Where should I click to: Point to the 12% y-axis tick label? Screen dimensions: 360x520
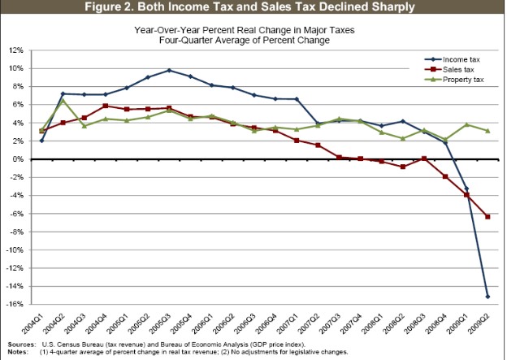15,50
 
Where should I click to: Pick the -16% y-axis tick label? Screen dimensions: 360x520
14,305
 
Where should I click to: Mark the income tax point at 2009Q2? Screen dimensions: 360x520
487,297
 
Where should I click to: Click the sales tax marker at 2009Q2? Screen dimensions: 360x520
487,217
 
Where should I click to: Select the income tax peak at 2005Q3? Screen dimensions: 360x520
168,70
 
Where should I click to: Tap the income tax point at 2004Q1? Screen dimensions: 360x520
41,141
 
